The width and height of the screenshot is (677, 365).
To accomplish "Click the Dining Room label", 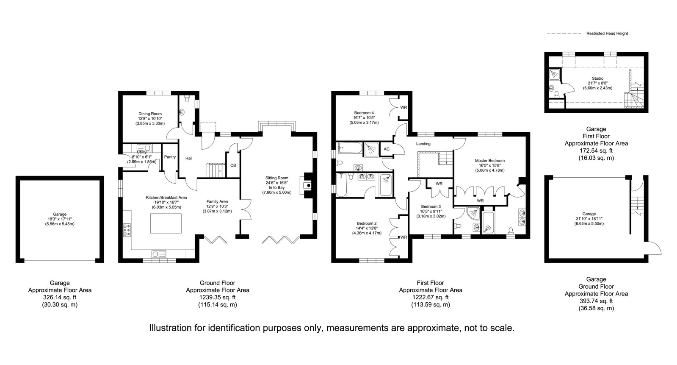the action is coord(150,114).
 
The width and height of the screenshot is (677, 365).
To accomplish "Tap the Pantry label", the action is coord(170,157).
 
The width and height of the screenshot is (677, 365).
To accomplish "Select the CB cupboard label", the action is coord(233,165).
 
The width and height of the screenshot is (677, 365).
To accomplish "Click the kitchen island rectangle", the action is coord(166,223).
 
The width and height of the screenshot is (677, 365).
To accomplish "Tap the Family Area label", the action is coord(217,201).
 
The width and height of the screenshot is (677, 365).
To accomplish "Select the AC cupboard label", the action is coord(387,149).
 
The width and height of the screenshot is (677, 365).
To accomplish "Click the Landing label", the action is coord(423,144).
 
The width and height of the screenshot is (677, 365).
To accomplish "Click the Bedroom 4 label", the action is coord(364,113).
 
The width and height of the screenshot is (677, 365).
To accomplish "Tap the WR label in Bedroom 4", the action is coord(403,107).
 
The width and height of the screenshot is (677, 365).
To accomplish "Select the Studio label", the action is coord(597,78).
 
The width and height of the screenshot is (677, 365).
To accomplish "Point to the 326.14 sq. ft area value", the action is coord(60,297).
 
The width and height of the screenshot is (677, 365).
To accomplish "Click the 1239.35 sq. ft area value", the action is coord(218,297).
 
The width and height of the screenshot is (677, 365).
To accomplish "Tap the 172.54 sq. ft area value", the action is coord(596,151).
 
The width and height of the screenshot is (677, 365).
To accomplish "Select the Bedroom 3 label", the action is coord(431,207).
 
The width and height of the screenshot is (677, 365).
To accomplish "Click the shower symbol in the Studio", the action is coord(554,73).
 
